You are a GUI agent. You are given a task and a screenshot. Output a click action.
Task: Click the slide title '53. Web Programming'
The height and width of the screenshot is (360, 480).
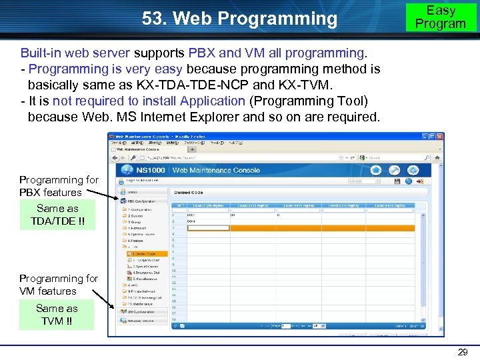pyautogui.click(x=239, y=19)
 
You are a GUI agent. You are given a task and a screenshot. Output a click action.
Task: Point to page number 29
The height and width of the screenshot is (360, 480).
pyautogui.click(x=462, y=352)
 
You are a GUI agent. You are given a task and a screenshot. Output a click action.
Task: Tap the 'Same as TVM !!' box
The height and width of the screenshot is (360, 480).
pyautogui.click(x=57, y=315)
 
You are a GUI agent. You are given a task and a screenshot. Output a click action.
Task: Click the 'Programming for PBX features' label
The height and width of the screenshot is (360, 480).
pyautogui.click(x=59, y=186)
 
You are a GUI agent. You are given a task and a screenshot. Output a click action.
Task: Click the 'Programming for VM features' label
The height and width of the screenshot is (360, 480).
pyautogui.click(x=59, y=285)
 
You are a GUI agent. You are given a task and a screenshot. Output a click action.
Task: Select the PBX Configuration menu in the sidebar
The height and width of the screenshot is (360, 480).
pyautogui.click(x=141, y=201)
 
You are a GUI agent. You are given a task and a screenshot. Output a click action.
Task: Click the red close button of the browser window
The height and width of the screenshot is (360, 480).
pyautogui.click(x=439, y=136)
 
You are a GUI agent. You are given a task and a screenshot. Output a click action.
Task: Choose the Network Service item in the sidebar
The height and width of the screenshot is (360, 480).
pyautogui.click(x=141, y=321)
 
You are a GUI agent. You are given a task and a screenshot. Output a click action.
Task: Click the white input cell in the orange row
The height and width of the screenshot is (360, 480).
pyautogui.click(x=208, y=228)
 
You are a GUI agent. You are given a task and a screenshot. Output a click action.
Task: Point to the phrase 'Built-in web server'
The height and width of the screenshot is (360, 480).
pyautogui.click(x=75, y=53)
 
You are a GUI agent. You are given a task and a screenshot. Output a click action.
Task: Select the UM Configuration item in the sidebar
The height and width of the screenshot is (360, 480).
pyautogui.click(x=141, y=311)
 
